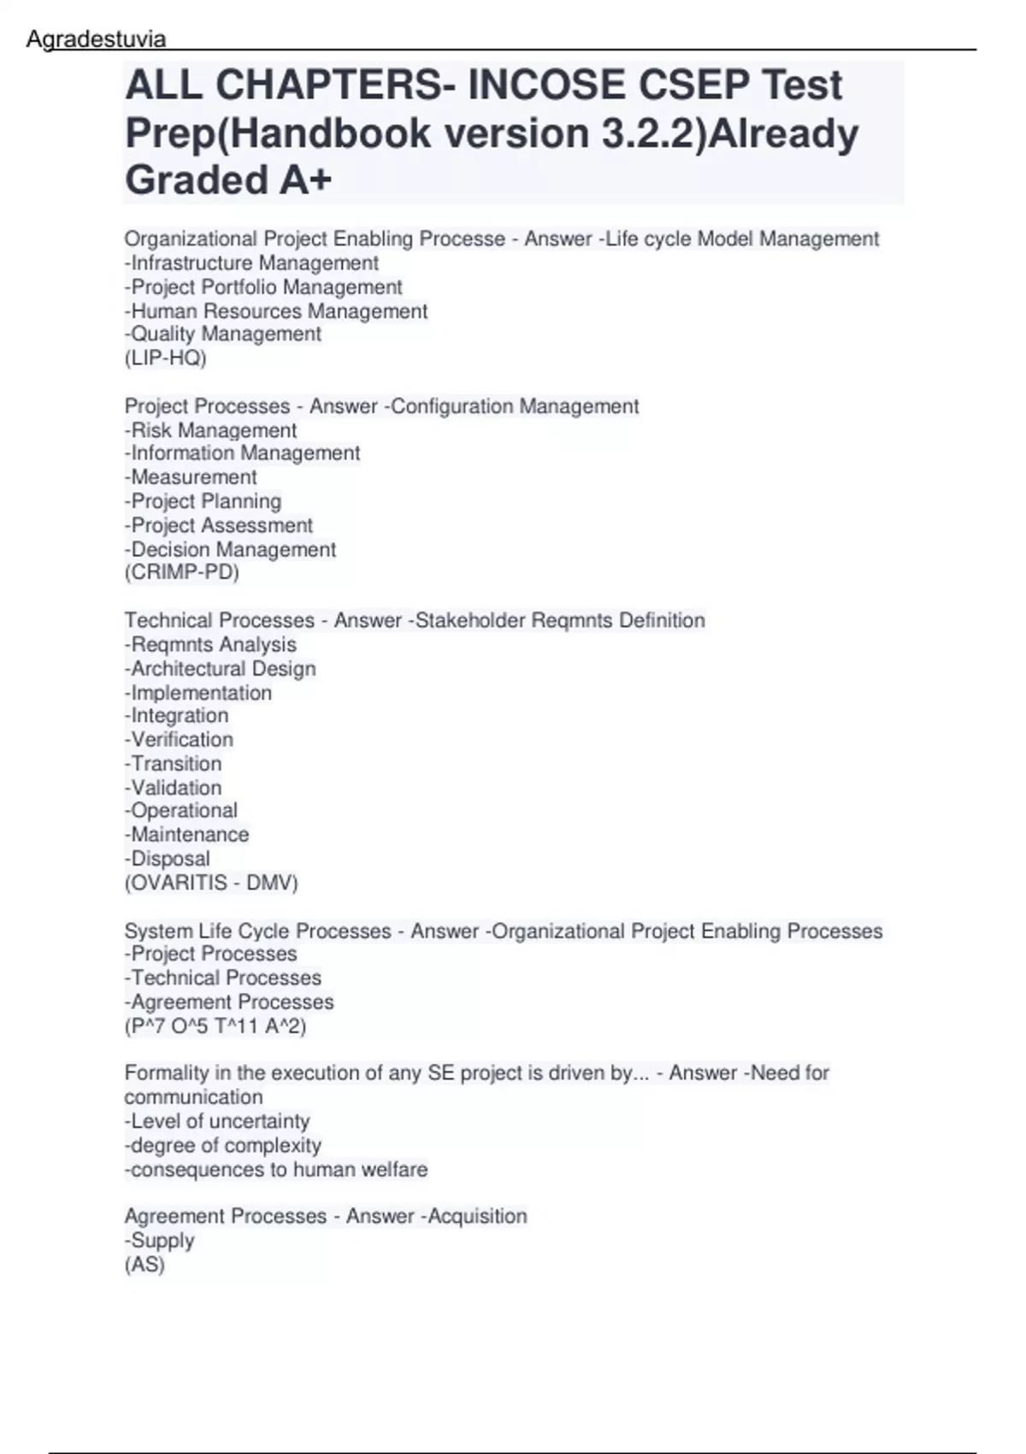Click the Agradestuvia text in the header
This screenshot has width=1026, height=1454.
(x=96, y=39)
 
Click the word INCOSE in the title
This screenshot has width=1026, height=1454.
(x=546, y=86)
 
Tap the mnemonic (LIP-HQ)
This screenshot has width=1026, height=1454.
(x=166, y=358)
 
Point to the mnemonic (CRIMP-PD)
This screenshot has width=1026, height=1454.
(x=182, y=572)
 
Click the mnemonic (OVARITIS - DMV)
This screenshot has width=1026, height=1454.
(x=211, y=883)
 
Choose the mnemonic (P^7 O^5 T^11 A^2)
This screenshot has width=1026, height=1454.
(x=215, y=1025)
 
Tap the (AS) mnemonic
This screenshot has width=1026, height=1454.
(x=144, y=1264)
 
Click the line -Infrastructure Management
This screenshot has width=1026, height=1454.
(x=251, y=263)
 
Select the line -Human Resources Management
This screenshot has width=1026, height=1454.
(x=276, y=311)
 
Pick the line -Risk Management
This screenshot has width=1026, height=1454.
(x=211, y=430)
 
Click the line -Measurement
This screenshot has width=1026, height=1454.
(x=191, y=477)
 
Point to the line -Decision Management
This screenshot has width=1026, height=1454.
(x=230, y=549)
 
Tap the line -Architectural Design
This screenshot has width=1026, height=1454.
(x=221, y=669)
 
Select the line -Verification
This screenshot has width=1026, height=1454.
(x=179, y=740)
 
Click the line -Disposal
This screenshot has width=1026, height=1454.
(x=168, y=859)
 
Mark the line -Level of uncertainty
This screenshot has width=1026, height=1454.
(x=217, y=1121)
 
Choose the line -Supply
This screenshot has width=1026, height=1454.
(x=160, y=1240)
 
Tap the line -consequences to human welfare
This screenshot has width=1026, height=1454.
(x=276, y=1169)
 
